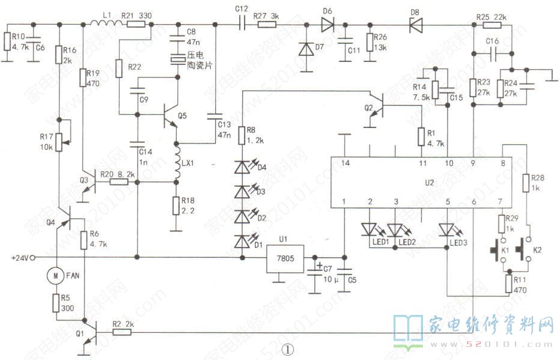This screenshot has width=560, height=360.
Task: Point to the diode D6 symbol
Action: [327, 24]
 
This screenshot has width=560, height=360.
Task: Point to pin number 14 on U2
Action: [344, 163]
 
